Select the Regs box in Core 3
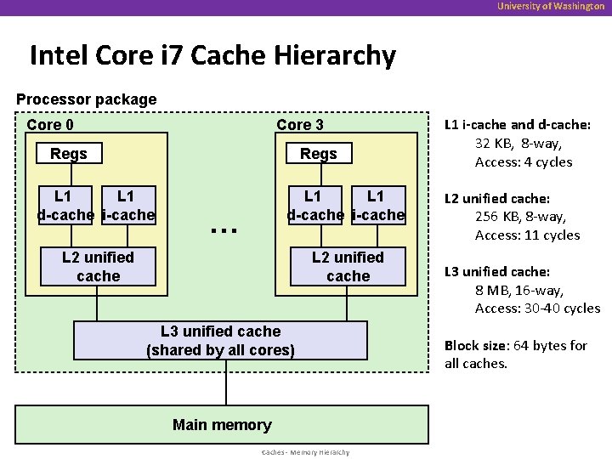pos(319,154)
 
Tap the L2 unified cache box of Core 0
pos(98,267)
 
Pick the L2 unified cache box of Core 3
pos(348,267)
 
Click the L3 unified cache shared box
pos(220,341)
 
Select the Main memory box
pos(222,425)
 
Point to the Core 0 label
pos(50,125)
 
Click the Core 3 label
pos(299,125)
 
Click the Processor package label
pos(87,99)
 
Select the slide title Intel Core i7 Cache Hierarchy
pos(212,56)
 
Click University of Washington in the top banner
pos(551,7)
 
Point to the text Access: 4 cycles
pos(524,162)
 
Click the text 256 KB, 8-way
pos(520,217)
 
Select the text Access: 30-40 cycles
pos(537,309)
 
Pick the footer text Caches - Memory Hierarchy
pos(305,452)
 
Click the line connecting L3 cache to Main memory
pos(226,382)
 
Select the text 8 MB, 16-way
pos(518,290)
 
